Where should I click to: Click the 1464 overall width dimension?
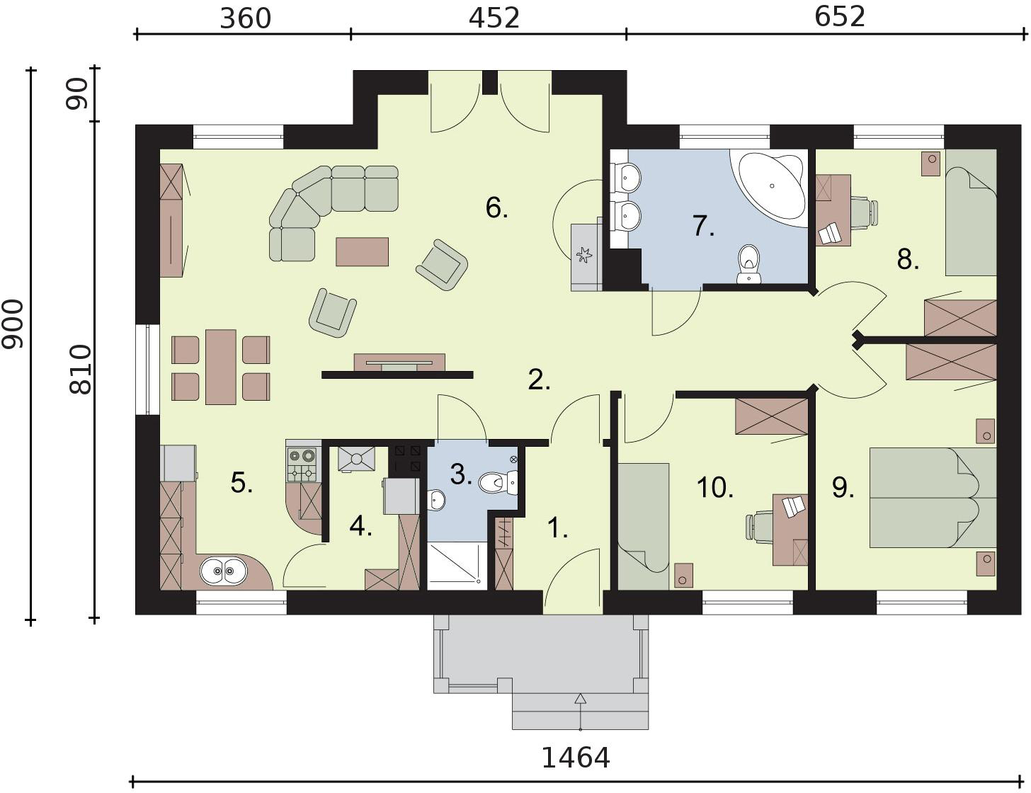[575, 758]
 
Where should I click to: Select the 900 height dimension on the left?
[12, 324]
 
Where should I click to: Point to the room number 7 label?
[703, 226]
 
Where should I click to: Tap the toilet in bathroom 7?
[749, 264]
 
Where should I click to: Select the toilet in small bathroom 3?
[499, 483]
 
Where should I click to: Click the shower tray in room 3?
[457, 566]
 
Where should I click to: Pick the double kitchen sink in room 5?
[223, 571]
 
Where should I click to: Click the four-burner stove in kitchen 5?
[302, 464]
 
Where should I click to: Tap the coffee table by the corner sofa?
[362, 252]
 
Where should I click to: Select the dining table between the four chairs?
[221, 367]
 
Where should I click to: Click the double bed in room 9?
[933, 498]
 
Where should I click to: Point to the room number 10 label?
[714, 488]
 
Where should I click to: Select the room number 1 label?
[557, 528]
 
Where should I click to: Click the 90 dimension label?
[77, 94]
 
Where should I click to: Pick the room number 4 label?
[360, 527]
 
